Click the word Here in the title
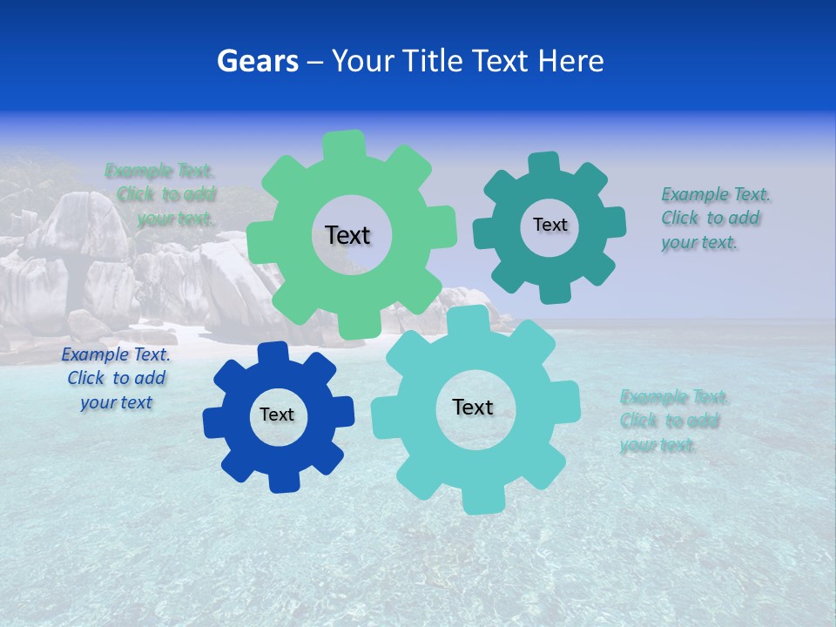tap(571, 61)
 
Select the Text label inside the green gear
tap(347, 235)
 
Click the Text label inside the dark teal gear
tap(549, 225)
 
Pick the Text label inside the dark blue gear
tap(277, 415)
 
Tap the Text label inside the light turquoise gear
tap(473, 407)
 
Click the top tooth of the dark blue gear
tap(273, 353)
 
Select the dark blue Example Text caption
tap(116, 379)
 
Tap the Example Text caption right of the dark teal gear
tap(714, 219)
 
